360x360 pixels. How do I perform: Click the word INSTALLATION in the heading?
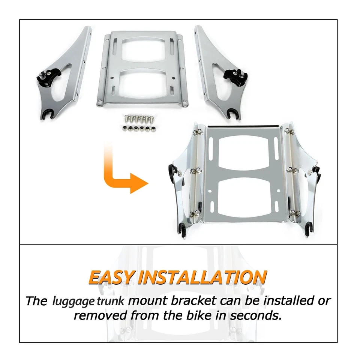(203, 277)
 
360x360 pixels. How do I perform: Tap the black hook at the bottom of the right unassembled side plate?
(228, 112)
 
